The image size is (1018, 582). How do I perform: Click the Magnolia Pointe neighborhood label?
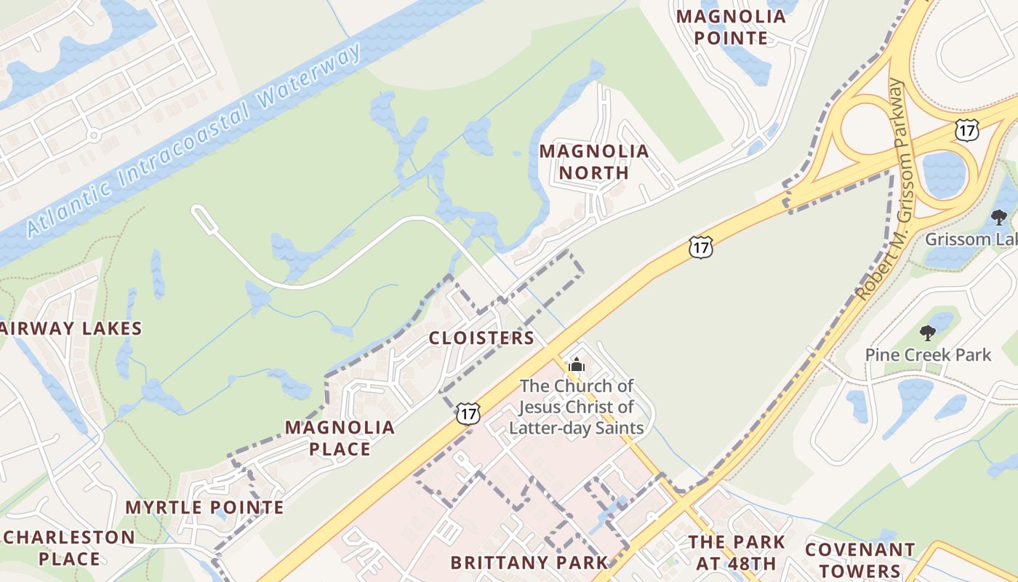click(x=731, y=27)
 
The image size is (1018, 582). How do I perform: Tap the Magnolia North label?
click(x=594, y=162)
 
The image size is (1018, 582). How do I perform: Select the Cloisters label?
click(x=481, y=338)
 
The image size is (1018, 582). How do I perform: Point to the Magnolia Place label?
click(x=340, y=438)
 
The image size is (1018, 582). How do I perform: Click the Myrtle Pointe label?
click(x=204, y=507)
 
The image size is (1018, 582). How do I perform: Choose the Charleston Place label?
click(x=70, y=548)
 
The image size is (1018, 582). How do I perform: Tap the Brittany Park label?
click(x=529, y=562)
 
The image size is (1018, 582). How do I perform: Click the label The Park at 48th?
click(x=737, y=552)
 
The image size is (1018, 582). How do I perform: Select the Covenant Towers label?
click(x=859, y=559)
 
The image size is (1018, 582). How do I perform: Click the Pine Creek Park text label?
click(x=928, y=355)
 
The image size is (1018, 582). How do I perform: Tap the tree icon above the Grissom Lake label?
click(x=998, y=217)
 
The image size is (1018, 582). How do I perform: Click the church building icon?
click(x=577, y=365)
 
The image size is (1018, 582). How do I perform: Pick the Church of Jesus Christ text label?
click(x=576, y=407)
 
